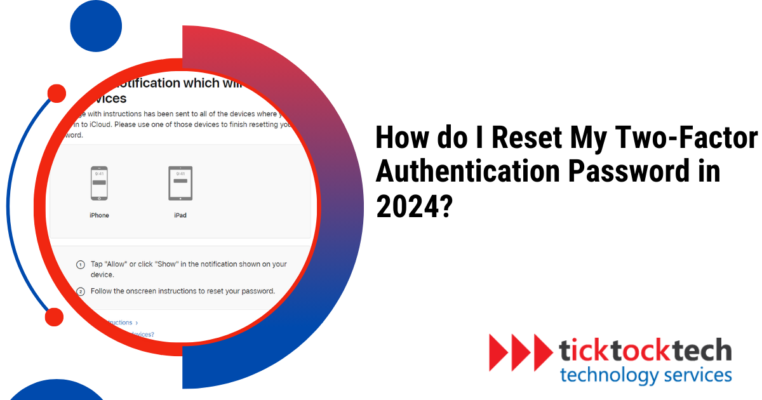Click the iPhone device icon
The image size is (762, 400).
[x=99, y=183]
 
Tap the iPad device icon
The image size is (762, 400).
[x=180, y=183]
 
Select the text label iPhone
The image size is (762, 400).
[x=99, y=215]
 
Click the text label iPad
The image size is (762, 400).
[x=180, y=215]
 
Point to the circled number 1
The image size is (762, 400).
[x=81, y=264]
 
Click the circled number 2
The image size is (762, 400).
[x=81, y=291]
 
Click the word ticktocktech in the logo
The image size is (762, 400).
[x=645, y=350]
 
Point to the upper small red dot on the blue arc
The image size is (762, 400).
[x=57, y=94]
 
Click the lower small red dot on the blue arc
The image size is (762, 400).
[x=55, y=317]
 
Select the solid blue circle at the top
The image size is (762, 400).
[x=96, y=26]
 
